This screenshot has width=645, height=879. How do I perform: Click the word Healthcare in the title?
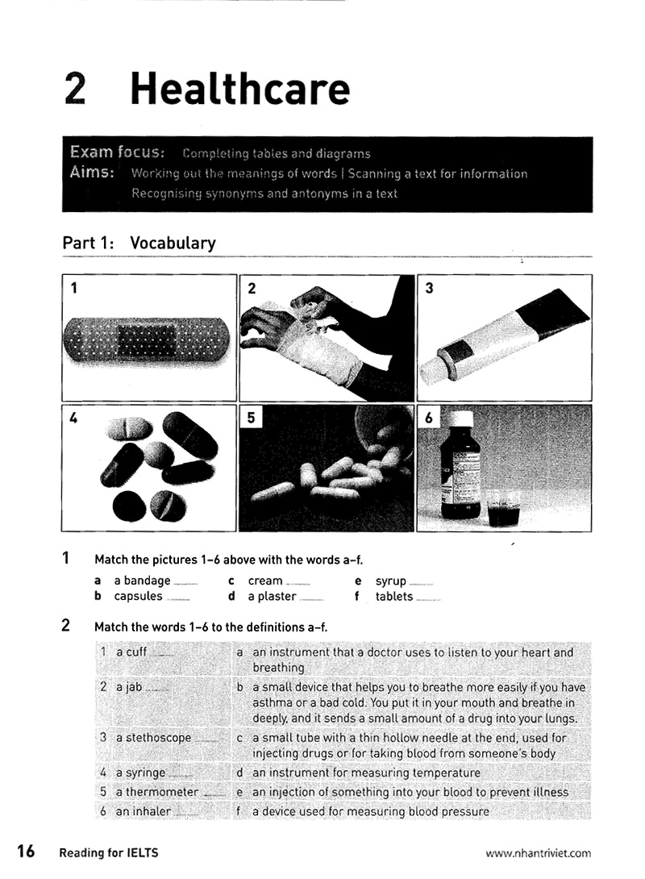click(239, 89)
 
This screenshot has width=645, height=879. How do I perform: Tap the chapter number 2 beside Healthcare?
click(75, 89)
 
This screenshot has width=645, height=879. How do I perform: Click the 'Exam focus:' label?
click(118, 152)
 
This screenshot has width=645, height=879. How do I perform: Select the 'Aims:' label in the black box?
click(92, 173)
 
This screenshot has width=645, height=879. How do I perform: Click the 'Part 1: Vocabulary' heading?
click(139, 243)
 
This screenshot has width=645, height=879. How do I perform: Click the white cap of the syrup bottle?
click(460, 420)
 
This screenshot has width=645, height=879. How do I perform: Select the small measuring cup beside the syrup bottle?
click(504, 508)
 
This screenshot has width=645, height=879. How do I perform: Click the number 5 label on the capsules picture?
click(252, 418)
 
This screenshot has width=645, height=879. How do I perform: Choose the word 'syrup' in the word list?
click(390, 581)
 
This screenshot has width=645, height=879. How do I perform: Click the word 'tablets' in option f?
click(393, 597)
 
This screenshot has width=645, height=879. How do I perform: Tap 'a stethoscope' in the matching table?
click(153, 737)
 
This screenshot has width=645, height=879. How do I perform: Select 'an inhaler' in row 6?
click(143, 811)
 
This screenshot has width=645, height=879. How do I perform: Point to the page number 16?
click(26, 852)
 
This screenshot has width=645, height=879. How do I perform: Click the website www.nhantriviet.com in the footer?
click(538, 852)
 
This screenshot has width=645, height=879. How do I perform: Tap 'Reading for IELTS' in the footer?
click(108, 852)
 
